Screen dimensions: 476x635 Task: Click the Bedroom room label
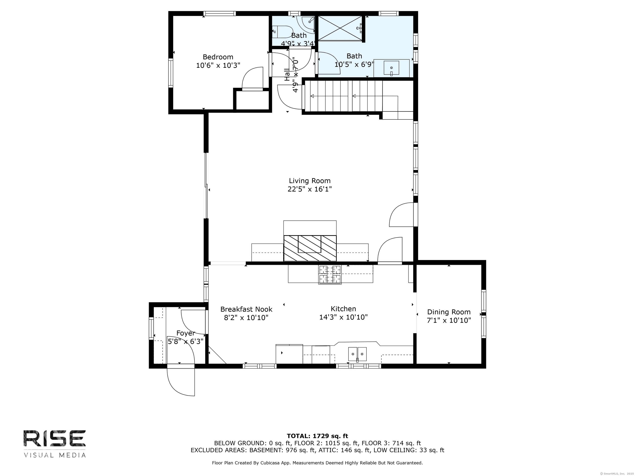coord(218,57)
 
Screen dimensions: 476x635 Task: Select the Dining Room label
coord(449,312)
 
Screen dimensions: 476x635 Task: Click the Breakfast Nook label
coord(246,309)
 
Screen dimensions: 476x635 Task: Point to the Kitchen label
coord(343,309)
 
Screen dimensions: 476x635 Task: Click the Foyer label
coord(185,333)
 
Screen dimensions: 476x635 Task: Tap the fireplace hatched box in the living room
coord(310,248)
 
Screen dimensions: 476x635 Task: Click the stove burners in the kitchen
coord(329,274)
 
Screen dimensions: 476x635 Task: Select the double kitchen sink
coord(357,354)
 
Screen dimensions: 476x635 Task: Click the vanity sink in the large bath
coord(391,68)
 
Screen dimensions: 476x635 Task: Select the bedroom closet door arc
coord(252,78)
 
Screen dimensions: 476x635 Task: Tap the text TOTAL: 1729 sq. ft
coord(317,436)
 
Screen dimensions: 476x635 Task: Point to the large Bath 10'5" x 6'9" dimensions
coord(354,64)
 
